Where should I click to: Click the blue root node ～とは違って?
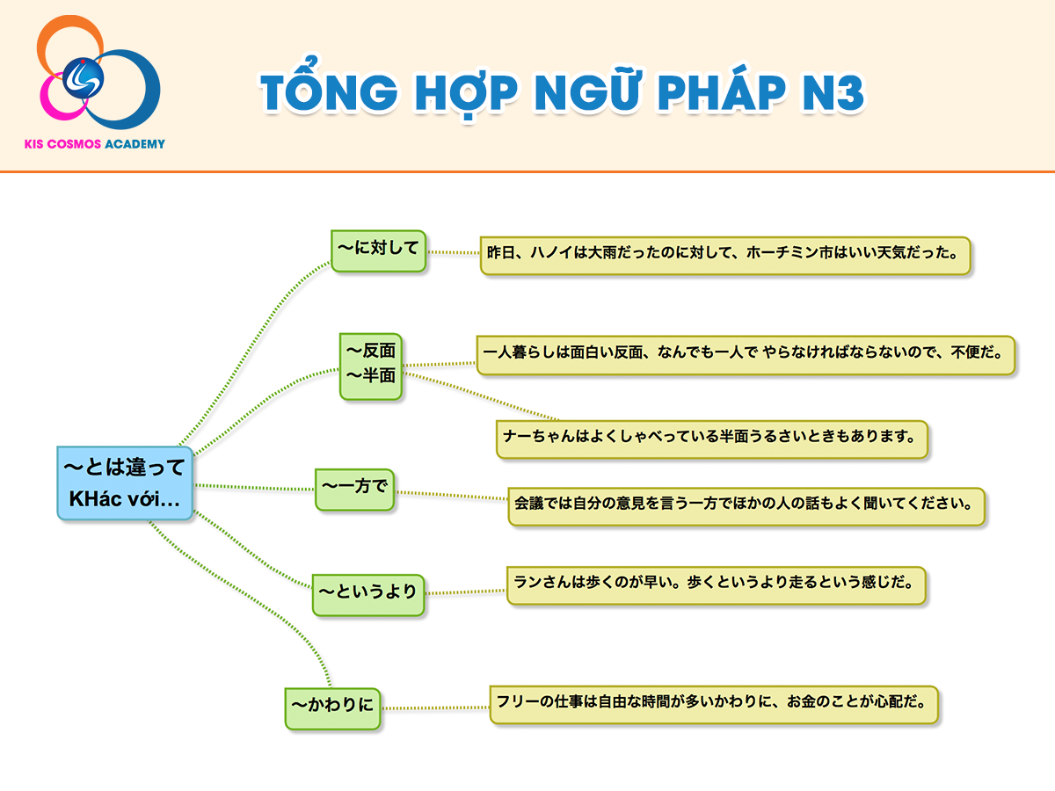pos(125,483)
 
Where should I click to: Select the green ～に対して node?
pos(379,250)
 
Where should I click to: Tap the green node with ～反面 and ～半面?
pos(371,366)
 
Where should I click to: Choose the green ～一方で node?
pos(354,490)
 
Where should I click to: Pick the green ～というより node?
pos(368,595)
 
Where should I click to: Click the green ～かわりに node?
pos(332,708)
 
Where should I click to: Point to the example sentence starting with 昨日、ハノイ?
pos(725,256)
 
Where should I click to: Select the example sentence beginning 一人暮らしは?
pos(746,355)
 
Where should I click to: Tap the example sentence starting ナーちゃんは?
pos(712,439)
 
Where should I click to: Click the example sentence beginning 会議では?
pos(746,506)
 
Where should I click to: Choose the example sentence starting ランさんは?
pos(717,585)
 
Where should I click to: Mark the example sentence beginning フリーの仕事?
pos(714,705)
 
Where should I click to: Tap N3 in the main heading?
pos(833,91)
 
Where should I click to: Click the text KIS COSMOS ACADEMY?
pos(95,144)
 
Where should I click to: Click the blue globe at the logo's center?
pos(83,78)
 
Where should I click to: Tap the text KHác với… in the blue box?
pos(125,499)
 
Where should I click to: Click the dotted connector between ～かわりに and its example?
pos(435,708)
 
